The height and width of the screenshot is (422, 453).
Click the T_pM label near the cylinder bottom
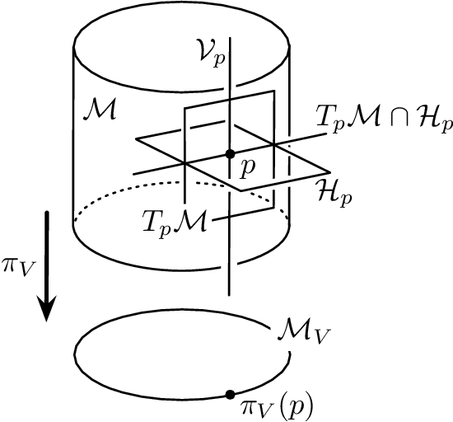click(170, 221)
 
